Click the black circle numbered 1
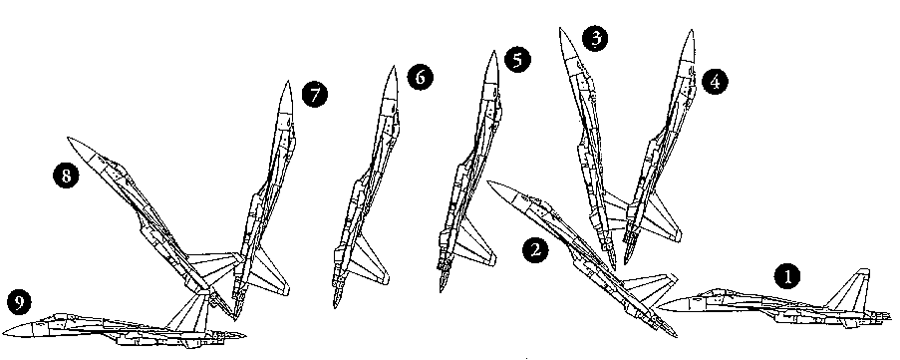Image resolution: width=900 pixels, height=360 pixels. click(787, 277)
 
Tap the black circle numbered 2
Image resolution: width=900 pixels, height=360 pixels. click(535, 251)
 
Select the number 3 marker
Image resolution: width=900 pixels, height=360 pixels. click(596, 39)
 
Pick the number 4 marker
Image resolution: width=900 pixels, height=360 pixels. click(714, 82)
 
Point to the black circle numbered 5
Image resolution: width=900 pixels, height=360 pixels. click(517, 60)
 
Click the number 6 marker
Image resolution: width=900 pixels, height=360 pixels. click(421, 77)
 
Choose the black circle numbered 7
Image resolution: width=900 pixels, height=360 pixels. click(315, 94)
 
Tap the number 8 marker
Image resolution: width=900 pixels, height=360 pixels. click(66, 176)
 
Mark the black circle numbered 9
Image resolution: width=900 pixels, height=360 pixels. click(20, 302)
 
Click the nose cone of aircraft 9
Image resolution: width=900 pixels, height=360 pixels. click(17, 329)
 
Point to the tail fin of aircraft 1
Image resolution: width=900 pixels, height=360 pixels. click(849, 290)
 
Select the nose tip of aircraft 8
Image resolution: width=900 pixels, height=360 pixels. click(68, 138)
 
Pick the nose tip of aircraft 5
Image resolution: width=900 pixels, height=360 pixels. click(493, 52)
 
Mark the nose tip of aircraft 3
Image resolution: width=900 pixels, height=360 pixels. click(561, 29)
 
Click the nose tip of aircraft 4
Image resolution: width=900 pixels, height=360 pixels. click(691, 31)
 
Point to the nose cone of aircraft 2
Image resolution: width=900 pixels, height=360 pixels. click(502, 189)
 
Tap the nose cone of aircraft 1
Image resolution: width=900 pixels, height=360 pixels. click(671, 305)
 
